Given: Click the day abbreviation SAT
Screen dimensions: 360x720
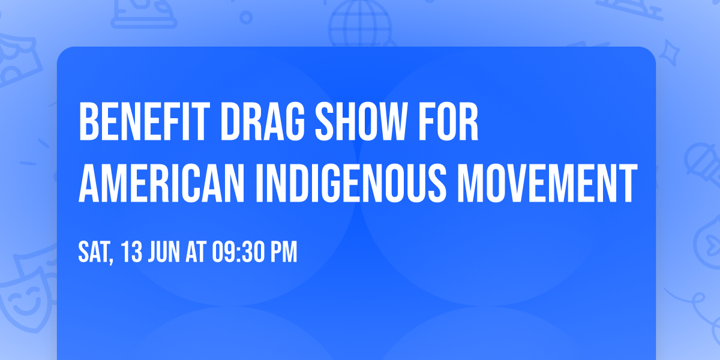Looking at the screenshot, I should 94,253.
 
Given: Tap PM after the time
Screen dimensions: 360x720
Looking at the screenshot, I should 283,253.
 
